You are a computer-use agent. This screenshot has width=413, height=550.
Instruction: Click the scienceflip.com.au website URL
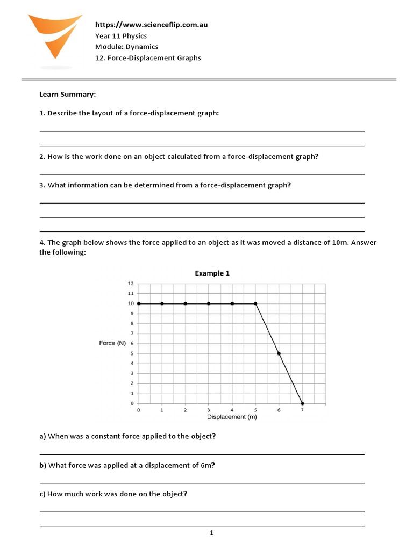pos(151,25)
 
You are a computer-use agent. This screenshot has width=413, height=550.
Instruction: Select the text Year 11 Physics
pos(120,36)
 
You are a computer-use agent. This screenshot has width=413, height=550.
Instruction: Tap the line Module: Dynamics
pos(126,47)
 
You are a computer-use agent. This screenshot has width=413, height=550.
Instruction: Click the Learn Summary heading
pos(67,95)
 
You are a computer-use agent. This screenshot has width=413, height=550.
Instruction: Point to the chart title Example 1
pos(212,273)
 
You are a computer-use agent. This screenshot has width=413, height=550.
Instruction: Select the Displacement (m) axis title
pos(232,417)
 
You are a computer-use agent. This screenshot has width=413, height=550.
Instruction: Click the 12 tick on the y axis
pos(130,284)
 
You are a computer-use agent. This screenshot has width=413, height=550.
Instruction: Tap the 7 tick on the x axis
pos(302,410)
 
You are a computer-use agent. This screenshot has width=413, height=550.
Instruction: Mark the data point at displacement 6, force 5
pos(279,353)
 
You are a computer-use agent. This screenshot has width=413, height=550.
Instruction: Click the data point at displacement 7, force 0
pos(302,403)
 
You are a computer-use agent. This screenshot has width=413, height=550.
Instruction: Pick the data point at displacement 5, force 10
pos(255,303)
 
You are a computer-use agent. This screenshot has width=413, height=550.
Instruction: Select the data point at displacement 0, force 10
pos(139,303)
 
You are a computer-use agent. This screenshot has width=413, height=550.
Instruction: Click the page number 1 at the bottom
pos(212,533)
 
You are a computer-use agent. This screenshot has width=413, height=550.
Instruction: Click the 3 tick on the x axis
pos(209,410)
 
